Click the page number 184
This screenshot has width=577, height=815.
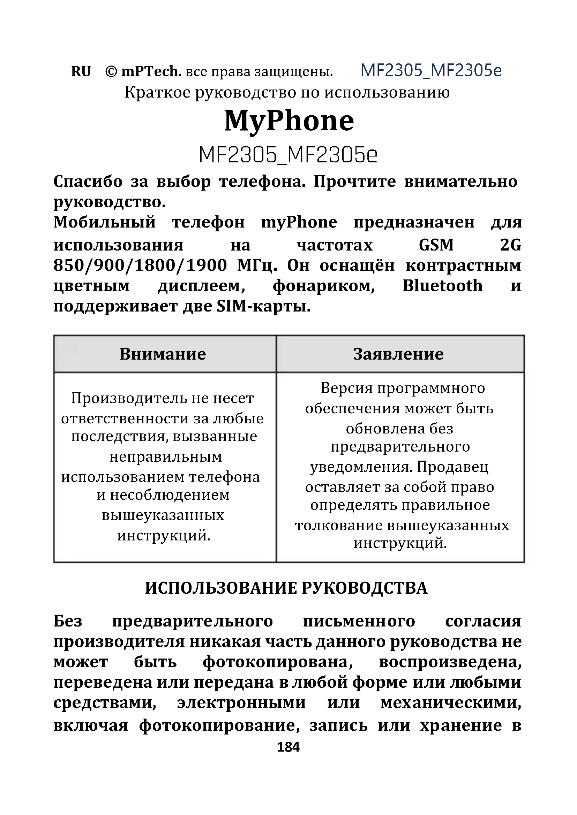(x=288, y=747)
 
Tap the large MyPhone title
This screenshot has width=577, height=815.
(x=289, y=121)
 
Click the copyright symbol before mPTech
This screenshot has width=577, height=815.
(x=111, y=72)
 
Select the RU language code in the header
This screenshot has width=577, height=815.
(x=81, y=72)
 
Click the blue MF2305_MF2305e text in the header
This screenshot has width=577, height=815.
(x=431, y=70)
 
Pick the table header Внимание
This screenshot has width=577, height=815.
(x=163, y=354)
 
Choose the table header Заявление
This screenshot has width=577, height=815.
(x=398, y=354)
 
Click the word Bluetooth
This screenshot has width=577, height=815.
(x=442, y=286)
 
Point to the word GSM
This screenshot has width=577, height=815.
(x=436, y=245)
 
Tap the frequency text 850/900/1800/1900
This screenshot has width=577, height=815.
(x=140, y=266)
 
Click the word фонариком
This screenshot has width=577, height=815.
(x=324, y=286)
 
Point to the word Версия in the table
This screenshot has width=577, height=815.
(x=347, y=388)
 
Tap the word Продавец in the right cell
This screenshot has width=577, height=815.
(x=453, y=467)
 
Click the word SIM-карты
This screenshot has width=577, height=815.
(x=263, y=306)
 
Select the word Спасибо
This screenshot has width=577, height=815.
(x=88, y=182)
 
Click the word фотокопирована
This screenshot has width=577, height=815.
(x=278, y=662)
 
